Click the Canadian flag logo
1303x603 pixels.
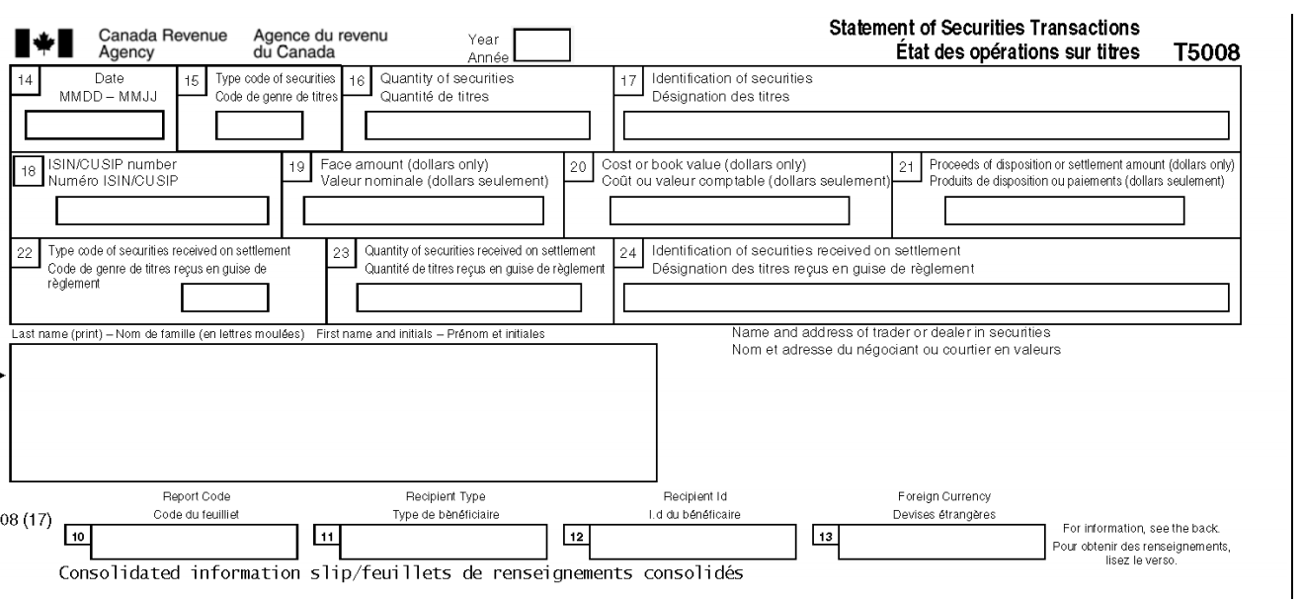(44, 43)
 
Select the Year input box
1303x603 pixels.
(542, 44)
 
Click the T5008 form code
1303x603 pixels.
(1206, 52)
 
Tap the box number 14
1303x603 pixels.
(25, 80)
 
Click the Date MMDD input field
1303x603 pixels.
(94, 126)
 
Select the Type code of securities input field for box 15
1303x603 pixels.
(260, 126)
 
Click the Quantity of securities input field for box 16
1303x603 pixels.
(477, 126)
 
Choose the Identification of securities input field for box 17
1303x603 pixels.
(926, 126)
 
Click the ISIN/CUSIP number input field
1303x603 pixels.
(162, 211)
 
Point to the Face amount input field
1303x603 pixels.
(424, 211)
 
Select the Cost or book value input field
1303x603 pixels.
(729, 211)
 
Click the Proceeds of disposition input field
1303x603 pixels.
(1065, 211)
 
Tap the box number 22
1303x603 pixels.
(25, 253)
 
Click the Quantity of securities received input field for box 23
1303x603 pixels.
(469, 298)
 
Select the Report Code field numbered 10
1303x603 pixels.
(195, 542)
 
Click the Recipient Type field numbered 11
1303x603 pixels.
(444, 542)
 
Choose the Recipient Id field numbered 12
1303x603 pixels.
(692, 542)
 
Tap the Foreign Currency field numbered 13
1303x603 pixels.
(941, 542)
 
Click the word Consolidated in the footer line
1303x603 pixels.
(120, 573)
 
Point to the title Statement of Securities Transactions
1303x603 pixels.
(984, 28)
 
